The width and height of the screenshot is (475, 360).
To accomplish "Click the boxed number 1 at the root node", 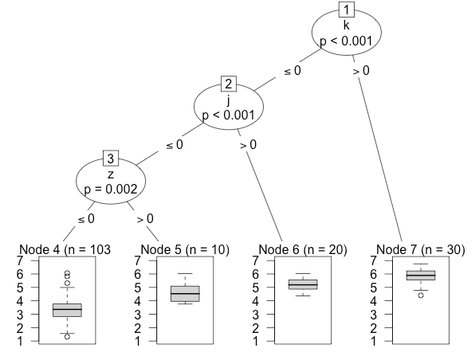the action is tap(347, 10).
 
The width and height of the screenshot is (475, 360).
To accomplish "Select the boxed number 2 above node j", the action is tap(229, 84).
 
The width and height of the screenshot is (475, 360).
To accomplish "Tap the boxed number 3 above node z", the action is tap(111, 158).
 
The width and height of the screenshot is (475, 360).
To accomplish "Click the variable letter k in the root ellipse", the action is tap(346, 25).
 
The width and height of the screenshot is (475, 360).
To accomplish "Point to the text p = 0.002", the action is tap(111, 190).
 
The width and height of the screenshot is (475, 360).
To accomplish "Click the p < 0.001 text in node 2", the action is tap(229, 115).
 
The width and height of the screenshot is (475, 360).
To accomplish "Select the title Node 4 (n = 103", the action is tap(65, 249).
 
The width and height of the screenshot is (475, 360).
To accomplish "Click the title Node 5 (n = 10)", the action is tap(185, 249).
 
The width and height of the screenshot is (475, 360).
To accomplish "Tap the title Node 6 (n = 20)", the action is tap(303, 249).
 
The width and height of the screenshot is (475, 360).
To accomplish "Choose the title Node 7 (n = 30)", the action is tap(421, 249).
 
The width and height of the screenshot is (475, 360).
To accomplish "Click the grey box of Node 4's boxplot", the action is tap(67, 310).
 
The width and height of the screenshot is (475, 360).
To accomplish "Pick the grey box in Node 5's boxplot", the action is tap(185, 294).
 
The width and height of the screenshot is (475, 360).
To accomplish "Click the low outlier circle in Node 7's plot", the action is tap(421, 295).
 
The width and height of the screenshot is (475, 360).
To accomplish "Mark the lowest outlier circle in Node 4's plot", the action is tap(67, 337).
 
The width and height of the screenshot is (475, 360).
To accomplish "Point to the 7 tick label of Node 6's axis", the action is tap(255, 260).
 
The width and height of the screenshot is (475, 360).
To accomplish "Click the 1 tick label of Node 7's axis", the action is tap(373, 341).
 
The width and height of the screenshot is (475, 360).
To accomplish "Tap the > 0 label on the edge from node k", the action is tap(361, 71).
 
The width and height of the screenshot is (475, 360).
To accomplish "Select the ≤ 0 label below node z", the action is tap(86, 219).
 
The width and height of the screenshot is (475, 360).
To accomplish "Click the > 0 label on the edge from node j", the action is tap(249, 145).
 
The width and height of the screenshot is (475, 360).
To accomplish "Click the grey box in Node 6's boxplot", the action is tap(303, 284).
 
